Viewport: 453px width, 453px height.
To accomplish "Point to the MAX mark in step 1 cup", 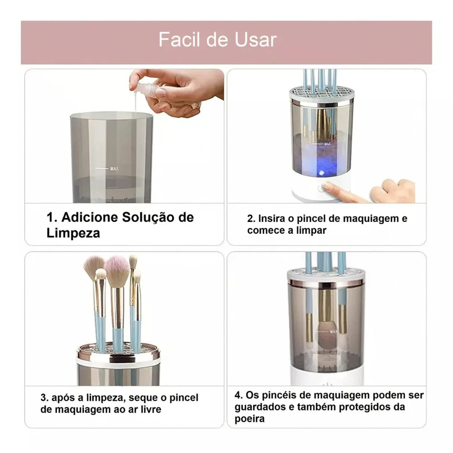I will (x=114, y=169).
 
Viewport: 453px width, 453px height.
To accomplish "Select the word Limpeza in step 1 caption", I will (x=73, y=233).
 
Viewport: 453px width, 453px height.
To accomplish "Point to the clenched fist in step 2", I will (x=392, y=190).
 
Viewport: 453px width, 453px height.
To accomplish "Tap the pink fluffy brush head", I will (x=117, y=271).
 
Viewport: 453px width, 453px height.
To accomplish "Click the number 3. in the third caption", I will (x=44, y=398).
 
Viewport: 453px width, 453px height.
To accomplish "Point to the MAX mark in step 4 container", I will (x=333, y=331).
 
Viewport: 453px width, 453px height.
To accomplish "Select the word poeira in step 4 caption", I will (x=249, y=419).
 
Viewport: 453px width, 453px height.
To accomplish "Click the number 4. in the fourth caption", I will (x=239, y=395).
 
